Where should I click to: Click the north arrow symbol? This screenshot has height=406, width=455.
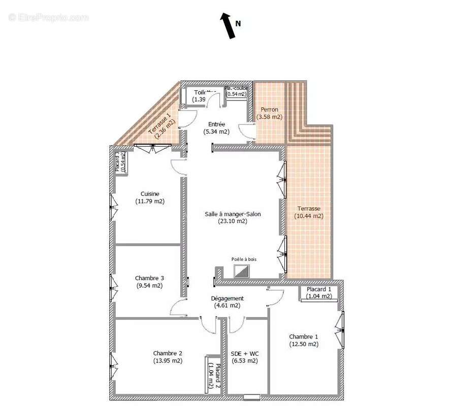tap(227, 26)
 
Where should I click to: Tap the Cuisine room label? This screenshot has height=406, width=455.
tap(150, 193)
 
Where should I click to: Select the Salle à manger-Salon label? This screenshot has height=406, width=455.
tap(233, 214)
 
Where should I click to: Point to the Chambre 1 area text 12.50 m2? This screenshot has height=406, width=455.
tap(304, 344)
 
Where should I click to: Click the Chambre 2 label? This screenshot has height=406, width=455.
tap(168, 353)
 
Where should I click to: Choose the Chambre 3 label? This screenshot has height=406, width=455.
tap(149, 278)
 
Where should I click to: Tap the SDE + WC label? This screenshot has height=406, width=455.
tap(244, 353)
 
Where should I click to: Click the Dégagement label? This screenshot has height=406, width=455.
tap(227, 298)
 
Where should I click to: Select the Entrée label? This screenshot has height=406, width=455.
tap(216, 124)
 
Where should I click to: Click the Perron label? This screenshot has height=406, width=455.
tap(269, 110)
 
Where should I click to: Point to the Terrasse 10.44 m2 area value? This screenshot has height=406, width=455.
tap(309, 216)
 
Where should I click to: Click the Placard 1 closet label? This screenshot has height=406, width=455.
tap(319, 289)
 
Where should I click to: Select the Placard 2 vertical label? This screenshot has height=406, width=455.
tap(218, 378)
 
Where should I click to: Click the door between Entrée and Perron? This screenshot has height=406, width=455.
tap(249, 130)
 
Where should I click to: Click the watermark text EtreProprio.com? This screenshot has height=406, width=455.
tap(48, 17)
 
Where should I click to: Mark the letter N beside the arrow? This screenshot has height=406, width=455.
tap(238, 23)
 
